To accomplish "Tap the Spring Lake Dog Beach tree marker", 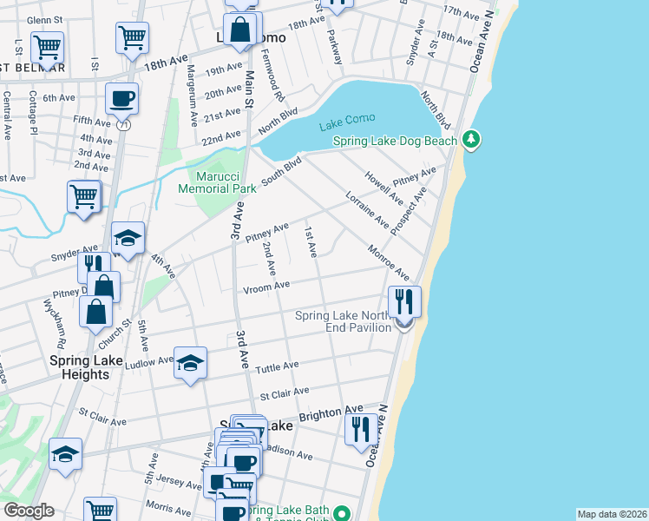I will pos(471,139).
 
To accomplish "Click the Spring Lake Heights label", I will pos(67,367).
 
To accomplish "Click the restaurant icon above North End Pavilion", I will pos(404,300).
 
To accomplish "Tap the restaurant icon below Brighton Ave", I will pos(361,428).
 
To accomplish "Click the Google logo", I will pos(28,511).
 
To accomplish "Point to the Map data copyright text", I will pos(611,514).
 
